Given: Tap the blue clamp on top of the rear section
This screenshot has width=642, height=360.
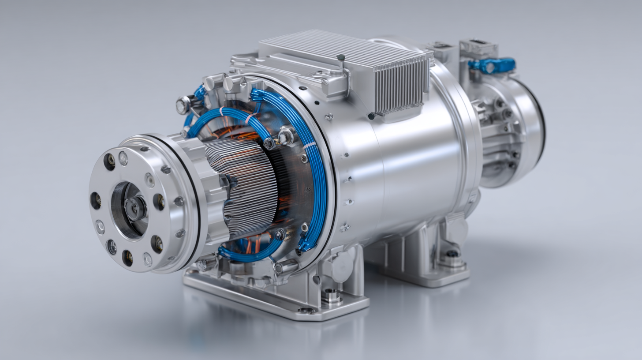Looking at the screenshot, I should (x=491, y=65).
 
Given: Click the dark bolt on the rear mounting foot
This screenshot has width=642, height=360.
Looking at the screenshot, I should (x=452, y=254).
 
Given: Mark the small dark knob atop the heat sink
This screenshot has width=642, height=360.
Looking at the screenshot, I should (x=340, y=57).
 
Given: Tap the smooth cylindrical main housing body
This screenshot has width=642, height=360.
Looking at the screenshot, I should (x=410, y=168).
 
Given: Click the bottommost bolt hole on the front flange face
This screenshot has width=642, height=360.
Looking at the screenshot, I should (x=127, y=258).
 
